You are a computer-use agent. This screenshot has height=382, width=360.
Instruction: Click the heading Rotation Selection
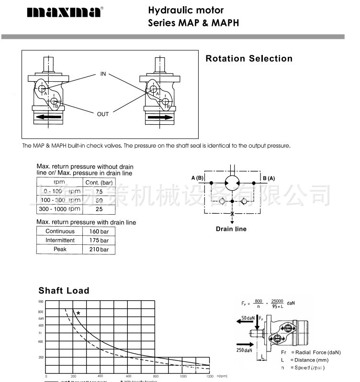click(248, 59)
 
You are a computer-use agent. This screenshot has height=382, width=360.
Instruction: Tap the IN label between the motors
click(103, 74)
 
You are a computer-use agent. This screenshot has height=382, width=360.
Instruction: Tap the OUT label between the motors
click(103, 114)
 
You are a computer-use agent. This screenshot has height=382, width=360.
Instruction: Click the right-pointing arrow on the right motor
click(159, 117)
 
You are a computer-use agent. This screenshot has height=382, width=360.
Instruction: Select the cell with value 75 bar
click(99, 191)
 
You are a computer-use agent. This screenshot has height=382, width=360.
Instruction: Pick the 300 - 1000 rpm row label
click(60, 209)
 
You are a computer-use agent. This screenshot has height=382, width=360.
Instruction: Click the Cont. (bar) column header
click(99, 183)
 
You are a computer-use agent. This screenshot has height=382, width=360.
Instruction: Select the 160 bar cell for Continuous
click(99, 231)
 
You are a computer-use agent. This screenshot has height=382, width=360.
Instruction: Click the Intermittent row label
click(60, 240)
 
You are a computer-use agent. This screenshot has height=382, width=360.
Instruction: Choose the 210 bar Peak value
click(99, 249)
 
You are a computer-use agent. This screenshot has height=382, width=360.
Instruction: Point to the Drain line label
click(231, 229)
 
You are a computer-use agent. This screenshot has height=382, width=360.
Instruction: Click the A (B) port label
click(198, 178)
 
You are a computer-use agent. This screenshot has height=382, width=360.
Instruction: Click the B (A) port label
click(269, 178)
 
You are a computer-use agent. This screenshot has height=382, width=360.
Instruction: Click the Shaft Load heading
click(64, 291)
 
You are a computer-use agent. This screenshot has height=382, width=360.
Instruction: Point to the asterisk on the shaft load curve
click(78, 313)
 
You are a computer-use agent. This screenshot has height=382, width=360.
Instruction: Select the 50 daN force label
click(248, 318)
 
